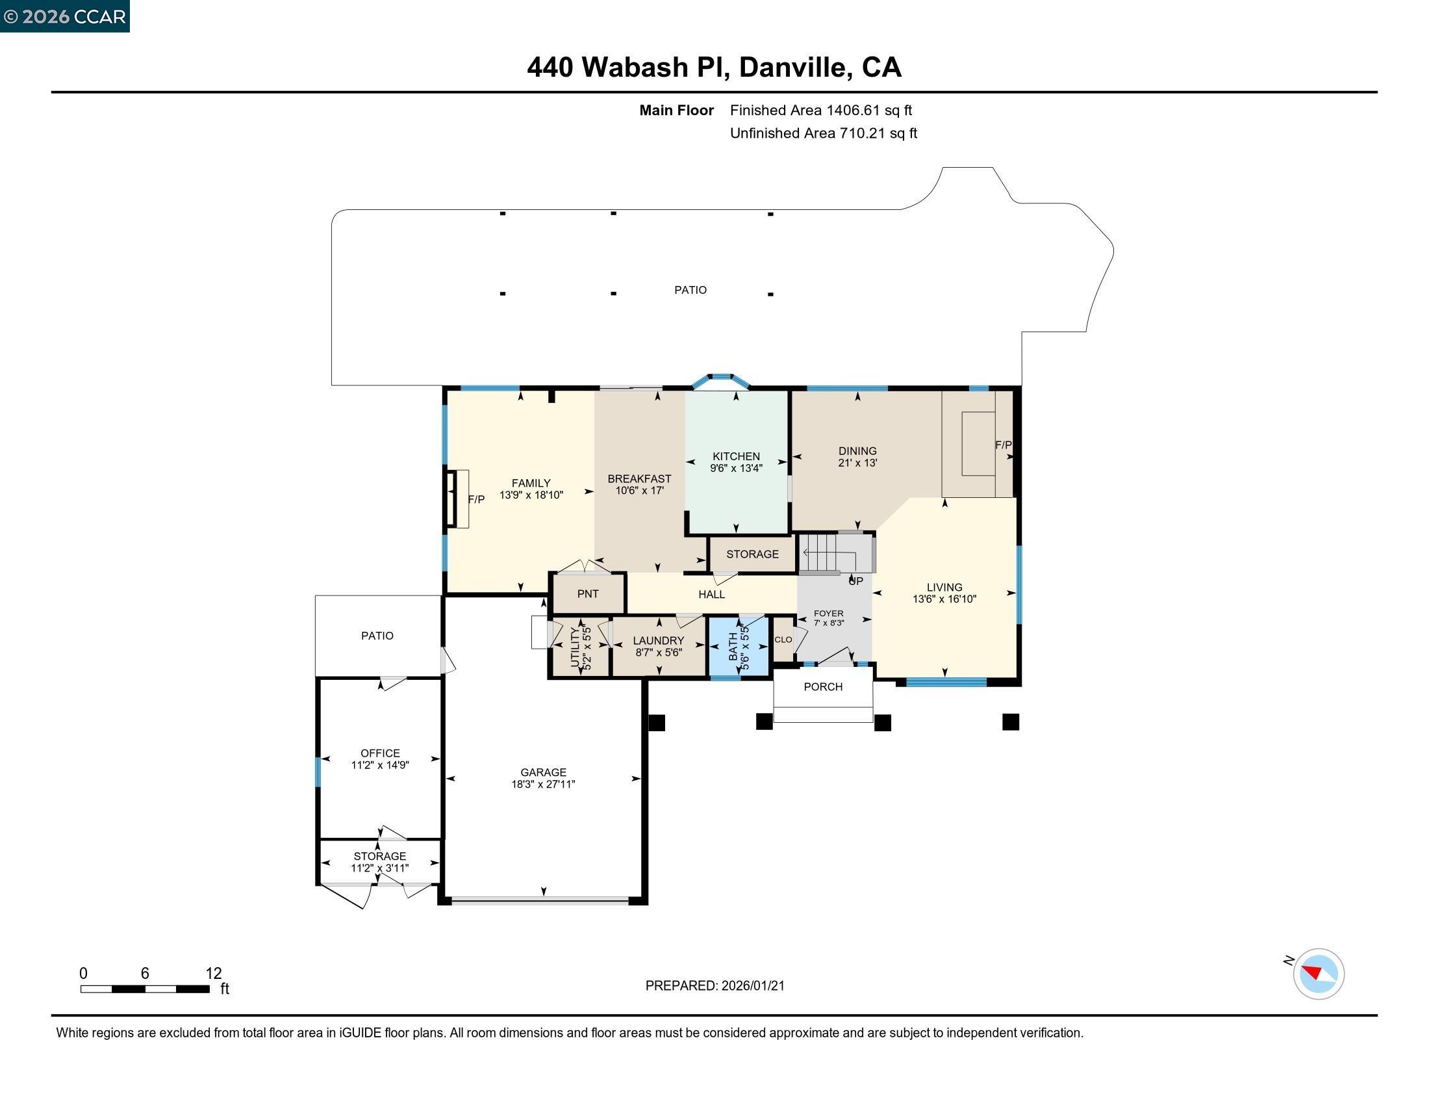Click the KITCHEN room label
point(736,456)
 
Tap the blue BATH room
point(739,646)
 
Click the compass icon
point(1318,974)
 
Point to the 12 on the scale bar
point(214,974)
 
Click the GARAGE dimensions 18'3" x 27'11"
point(543,785)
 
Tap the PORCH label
point(823,686)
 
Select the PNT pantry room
point(588,593)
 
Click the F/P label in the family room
point(476,499)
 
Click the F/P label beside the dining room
point(1003,445)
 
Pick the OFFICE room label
point(380,753)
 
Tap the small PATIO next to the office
point(377,636)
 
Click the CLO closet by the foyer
point(783,640)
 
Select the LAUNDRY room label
point(658,641)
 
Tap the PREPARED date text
point(714,986)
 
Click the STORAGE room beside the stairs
point(752,554)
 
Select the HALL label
point(711,594)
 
